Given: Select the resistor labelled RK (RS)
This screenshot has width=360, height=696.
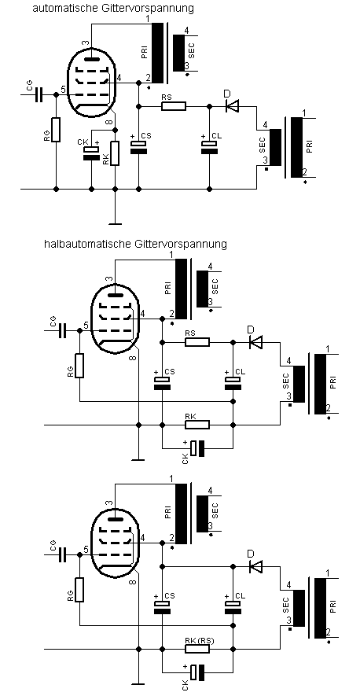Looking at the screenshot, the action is coord(197,650).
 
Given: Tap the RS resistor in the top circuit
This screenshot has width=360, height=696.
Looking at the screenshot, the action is coord(174,106).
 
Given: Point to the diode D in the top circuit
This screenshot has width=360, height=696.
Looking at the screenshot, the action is coord(232,106).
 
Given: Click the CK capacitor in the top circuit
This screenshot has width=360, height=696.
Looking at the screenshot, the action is coord(91,151).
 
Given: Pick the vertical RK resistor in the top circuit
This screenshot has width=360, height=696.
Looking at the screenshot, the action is coord(115,153).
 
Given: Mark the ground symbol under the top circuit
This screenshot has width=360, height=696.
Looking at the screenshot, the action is coord(115,224).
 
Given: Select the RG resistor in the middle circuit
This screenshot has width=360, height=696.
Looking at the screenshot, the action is coord(79,366).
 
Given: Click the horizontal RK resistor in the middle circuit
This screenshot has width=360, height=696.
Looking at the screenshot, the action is coord(197,425).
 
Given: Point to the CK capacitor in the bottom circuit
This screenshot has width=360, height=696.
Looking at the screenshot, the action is coord(197,672).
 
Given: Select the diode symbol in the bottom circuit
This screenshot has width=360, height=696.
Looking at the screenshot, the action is coord(256,566).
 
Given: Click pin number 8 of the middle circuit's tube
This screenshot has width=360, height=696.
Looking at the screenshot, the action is coord(133,358).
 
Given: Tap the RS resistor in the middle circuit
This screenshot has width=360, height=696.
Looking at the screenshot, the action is coord(197,342).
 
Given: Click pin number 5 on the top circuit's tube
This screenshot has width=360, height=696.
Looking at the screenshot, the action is coord(63,89).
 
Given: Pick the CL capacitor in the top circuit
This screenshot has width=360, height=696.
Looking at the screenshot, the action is coord(209,148).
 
